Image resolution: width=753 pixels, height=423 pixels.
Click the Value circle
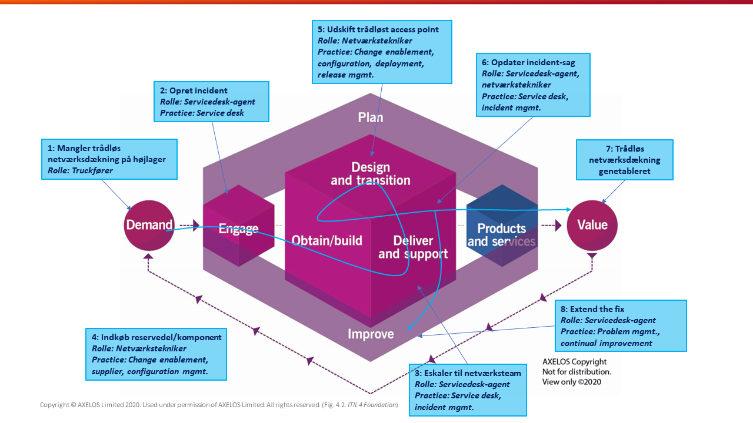[592, 225]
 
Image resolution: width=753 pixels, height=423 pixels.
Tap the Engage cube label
[238, 229]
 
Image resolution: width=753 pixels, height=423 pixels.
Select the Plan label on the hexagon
[371, 117]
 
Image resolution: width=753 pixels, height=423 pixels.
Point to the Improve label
[371, 334]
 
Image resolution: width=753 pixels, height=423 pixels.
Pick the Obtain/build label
[327, 240]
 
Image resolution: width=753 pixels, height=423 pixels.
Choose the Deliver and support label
[413, 247]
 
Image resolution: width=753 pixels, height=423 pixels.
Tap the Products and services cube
[502, 234]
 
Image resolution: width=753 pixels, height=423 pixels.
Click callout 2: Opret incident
[211, 102]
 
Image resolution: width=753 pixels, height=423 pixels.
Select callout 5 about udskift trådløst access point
[382, 52]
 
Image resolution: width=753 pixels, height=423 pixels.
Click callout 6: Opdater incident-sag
[533, 85]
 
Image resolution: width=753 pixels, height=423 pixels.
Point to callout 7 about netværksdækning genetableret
[625, 159]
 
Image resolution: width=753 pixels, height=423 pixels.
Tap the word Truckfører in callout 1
[93, 170]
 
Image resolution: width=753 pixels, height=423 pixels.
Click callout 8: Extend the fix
[621, 326]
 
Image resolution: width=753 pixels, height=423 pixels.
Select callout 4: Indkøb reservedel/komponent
[156, 354]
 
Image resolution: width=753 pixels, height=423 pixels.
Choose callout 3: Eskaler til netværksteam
[468, 390]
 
